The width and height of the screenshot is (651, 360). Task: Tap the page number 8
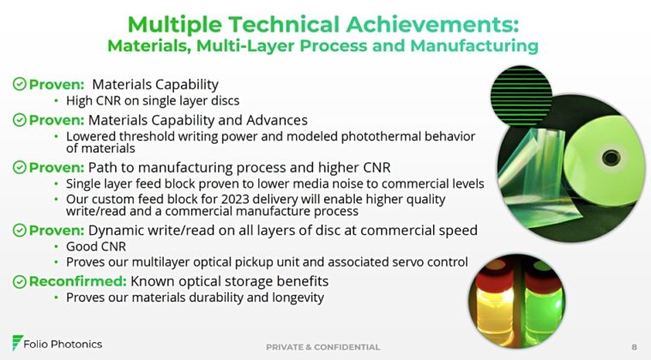click(x=634, y=346)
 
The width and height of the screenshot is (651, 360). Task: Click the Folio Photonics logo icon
click(x=18, y=344)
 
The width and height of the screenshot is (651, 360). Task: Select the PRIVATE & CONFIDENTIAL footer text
click(x=323, y=346)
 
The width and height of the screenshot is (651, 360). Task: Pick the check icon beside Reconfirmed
click(x=19, y=281)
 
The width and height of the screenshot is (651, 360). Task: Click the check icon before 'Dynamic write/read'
click(x=19, y=230)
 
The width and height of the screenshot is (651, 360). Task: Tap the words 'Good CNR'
click(x=92, y=246)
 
